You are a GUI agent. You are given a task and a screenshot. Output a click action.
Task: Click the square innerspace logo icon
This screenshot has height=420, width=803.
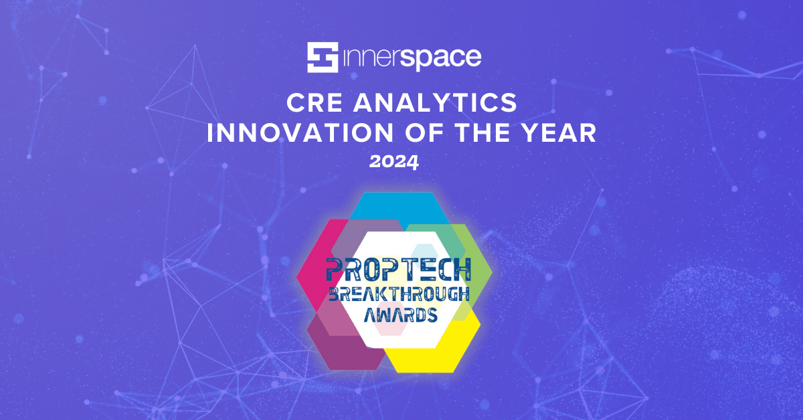[323, 58]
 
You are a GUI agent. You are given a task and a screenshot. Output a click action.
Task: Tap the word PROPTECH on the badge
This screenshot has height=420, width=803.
[398, 269]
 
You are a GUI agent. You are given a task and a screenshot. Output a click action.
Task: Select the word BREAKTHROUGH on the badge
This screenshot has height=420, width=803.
[398, 293]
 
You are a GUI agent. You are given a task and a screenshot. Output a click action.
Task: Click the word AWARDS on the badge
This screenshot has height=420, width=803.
[398, 314]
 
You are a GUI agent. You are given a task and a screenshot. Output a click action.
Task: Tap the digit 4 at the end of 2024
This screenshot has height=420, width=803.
[414, 161]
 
